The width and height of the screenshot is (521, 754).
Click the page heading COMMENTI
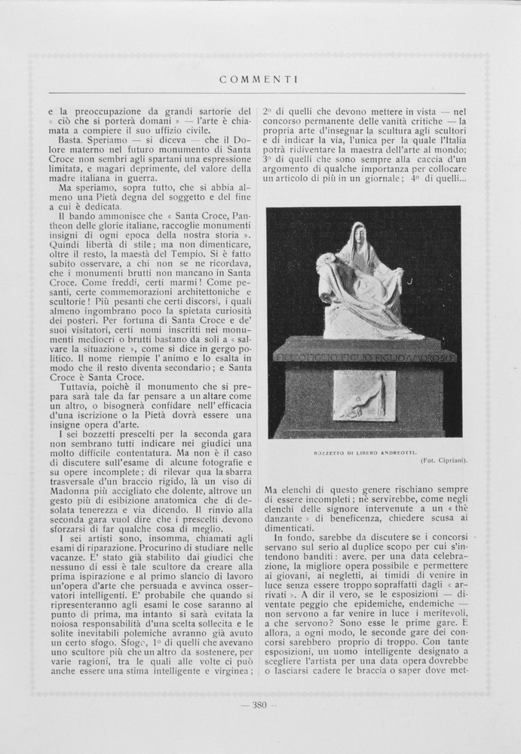[x=259, y=78]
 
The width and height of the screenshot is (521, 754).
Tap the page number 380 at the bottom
[x=259, y=706]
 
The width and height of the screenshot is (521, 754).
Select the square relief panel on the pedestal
[x=364, y=395]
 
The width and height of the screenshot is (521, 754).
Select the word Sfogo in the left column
[x=112, y=642]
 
